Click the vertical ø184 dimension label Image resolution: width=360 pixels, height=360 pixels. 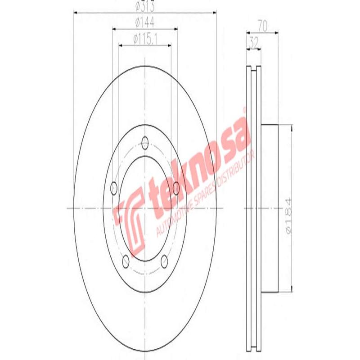288,215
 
